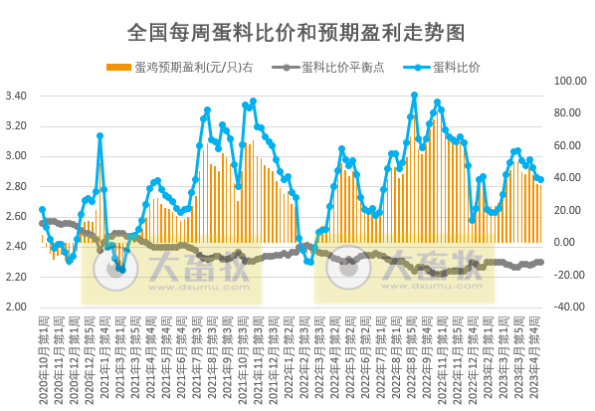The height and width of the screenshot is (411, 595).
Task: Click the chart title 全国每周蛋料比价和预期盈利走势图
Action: click(x=297, y=32)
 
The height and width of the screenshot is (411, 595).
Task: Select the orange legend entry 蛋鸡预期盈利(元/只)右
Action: click(x=179, y=68)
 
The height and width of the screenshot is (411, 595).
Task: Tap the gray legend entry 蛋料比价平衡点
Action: click(x=328, y=68)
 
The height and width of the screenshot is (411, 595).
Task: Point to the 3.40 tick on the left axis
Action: click(x=16, y=97)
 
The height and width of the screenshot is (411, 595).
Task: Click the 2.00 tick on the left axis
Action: click(x=16, y=307)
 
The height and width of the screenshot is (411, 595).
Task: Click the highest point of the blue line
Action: click(x=414, y=96)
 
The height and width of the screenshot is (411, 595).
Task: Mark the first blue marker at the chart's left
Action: click(x=42, y=210)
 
